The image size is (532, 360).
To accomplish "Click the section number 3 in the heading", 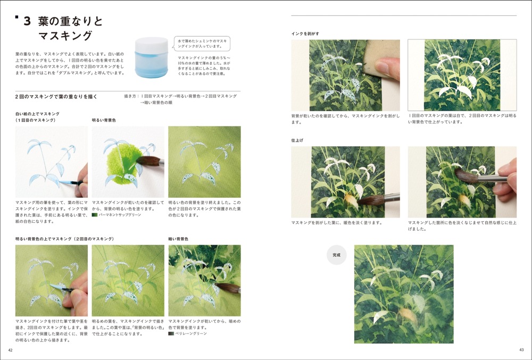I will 27,22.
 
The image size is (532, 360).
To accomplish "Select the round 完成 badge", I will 336,255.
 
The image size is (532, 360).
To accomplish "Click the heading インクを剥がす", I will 305,34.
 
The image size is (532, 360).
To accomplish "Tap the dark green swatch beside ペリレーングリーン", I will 171,333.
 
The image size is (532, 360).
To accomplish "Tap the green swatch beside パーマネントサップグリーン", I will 95,215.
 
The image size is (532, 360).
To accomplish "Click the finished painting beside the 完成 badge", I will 404,294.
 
